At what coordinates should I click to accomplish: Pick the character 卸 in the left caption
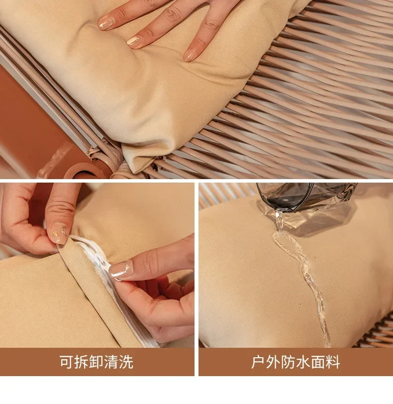97,362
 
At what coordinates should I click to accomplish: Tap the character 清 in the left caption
111,362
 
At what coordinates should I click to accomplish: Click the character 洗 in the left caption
126,362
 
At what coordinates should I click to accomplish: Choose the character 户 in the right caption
258,362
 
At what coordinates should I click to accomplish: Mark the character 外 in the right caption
273,362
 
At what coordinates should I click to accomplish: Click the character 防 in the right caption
288,362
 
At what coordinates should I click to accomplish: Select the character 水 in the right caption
303,362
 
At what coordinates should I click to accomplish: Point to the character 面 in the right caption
318,362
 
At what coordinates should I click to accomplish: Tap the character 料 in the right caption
333,362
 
